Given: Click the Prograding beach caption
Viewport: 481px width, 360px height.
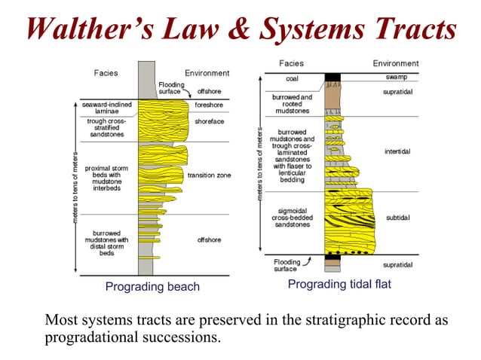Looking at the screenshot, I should [x=152, y=286].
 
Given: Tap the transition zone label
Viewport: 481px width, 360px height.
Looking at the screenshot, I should [x=209, y=175].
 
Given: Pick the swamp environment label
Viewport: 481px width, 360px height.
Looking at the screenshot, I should [x=397, y=78].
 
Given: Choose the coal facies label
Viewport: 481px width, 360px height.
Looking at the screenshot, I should [x=291, y=78].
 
